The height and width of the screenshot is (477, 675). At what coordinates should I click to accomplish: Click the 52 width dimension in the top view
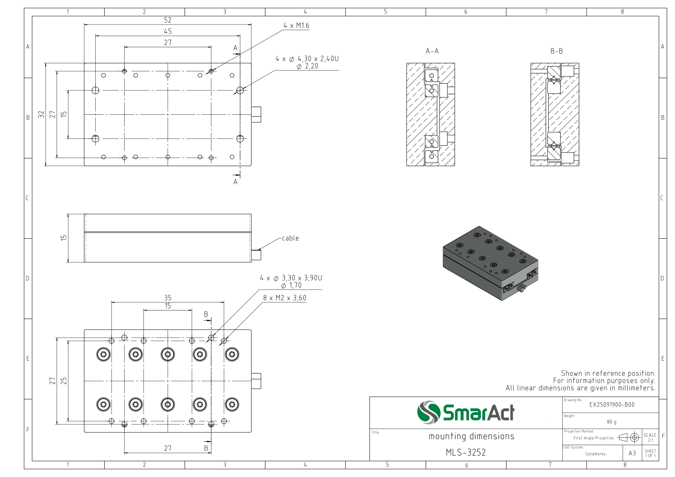168,20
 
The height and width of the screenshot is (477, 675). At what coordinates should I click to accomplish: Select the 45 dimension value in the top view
168,31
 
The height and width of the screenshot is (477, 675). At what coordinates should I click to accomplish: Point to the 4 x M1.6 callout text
296,25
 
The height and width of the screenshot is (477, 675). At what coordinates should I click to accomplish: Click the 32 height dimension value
41,114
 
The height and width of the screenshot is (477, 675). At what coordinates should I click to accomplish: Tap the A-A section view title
432,51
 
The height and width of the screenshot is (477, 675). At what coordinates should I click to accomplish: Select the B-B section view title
557,51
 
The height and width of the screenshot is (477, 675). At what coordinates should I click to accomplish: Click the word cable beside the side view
291,238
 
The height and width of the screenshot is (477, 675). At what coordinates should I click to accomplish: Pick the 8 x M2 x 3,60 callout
285,298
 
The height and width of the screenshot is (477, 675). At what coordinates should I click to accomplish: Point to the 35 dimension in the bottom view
168,298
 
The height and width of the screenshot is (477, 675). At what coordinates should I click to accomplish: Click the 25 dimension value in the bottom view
64,381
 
